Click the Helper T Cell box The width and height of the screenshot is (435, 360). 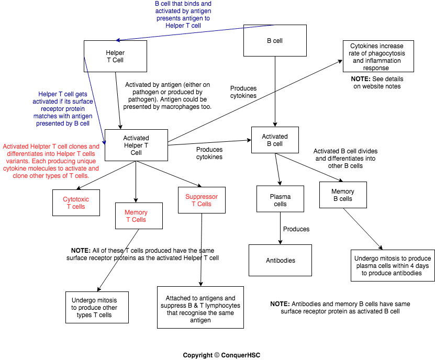click(115, 57)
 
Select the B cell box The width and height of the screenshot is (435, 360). click(275, 41)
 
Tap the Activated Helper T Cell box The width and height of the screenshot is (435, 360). click(136, 145)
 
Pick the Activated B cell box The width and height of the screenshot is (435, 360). click(274, 140)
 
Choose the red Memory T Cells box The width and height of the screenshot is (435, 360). click(136, 216)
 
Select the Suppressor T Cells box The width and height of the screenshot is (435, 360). click(202, 200)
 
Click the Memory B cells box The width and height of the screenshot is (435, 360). click(343, 195)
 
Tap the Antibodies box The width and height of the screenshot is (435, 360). click(280, 260)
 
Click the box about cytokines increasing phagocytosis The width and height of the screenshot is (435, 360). click(377, 57)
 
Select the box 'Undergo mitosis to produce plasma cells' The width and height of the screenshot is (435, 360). click(393, 265)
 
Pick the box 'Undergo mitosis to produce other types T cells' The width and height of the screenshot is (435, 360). click(97, 307)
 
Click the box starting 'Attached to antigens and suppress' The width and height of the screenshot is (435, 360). click(200, 307)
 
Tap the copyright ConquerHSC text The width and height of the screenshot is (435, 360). click(221, 355)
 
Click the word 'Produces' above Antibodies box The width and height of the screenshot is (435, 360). click(296, 229)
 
